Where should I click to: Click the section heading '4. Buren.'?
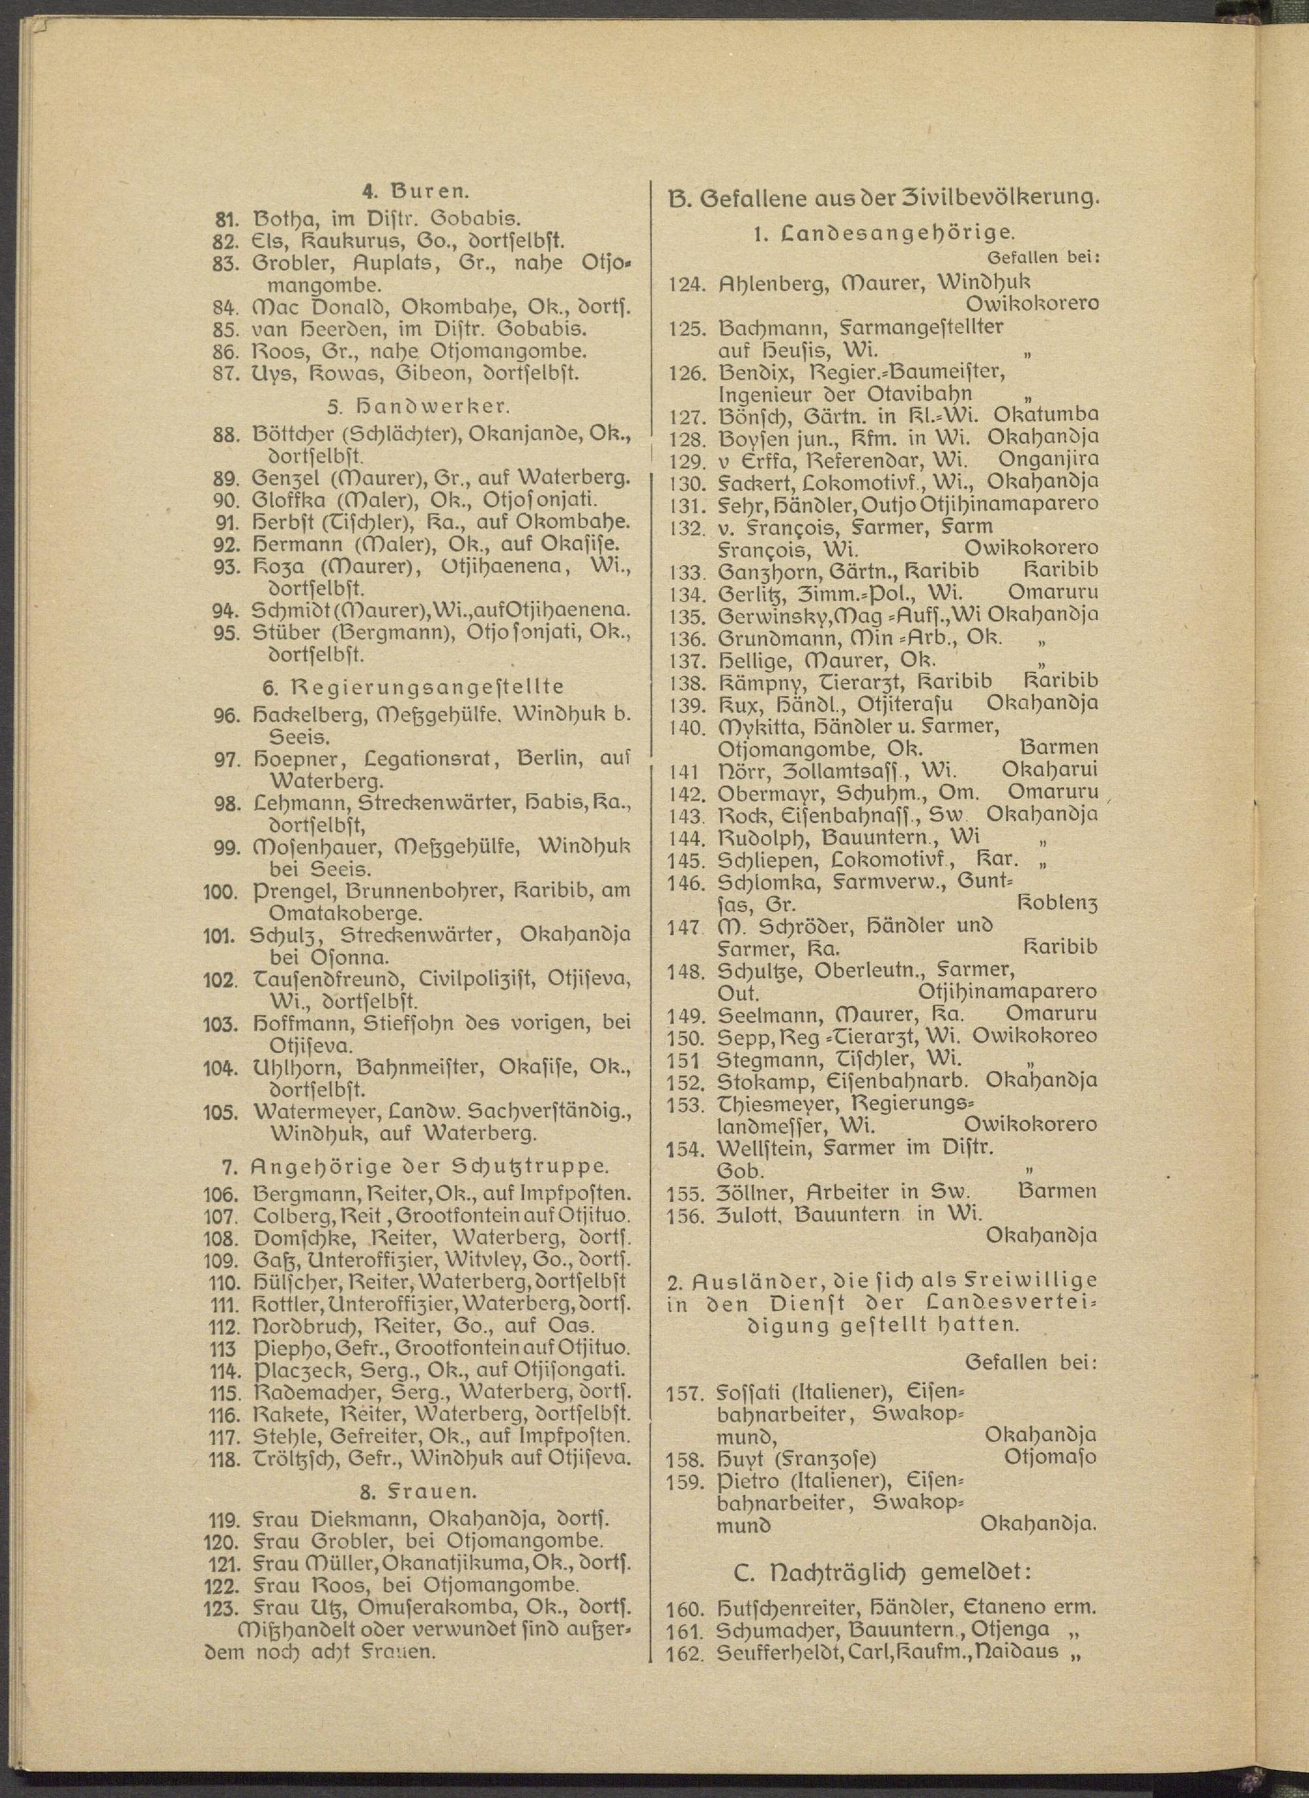point(416,191)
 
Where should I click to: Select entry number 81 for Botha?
point(226,217)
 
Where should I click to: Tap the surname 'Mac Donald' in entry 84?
point(323,306)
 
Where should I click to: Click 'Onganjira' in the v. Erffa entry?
point(1048,459)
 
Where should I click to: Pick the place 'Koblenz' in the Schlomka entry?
point(1059,903)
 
